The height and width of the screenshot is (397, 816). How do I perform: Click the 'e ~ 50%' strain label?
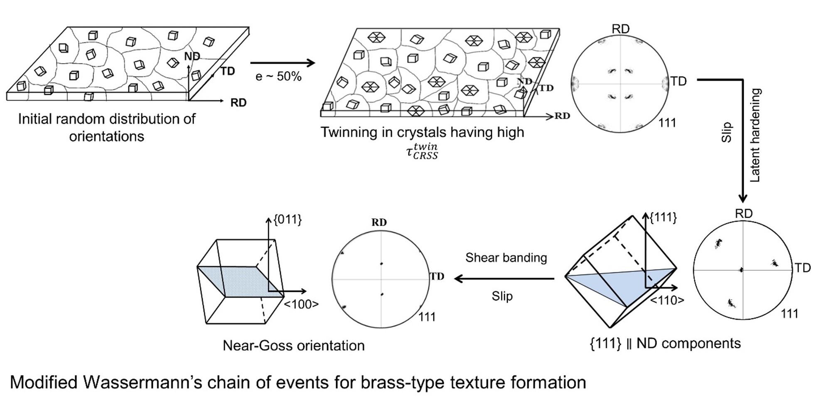coord(278,76)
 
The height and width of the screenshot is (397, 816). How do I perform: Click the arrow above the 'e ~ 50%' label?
coord(283,63)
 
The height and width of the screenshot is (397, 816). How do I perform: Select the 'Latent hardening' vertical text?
coord(755,135)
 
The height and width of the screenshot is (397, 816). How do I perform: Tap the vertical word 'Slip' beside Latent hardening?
coord(726,132)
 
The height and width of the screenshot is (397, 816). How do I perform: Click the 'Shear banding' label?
coord(506,258)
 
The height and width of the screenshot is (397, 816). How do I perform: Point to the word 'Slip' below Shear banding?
coord(502,296)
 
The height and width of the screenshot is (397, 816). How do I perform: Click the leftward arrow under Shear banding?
coord(504,279)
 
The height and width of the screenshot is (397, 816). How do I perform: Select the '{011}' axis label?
coord(288,219)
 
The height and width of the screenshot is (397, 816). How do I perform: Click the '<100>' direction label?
coord(301,305)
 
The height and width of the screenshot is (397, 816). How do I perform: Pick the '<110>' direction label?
coord(667,300)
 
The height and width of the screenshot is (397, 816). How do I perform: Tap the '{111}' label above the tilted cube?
coord(663,217)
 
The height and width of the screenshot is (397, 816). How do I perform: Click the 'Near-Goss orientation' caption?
coord(293,345)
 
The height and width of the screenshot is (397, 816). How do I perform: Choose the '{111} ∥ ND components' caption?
coord(665,343)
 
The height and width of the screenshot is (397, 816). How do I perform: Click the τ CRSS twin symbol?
coord(422,152)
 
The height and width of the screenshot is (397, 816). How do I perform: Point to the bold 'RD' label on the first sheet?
coord(238,103)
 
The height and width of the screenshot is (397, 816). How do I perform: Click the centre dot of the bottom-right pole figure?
coord(741,270)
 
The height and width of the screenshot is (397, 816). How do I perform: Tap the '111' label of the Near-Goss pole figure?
coord(427,317)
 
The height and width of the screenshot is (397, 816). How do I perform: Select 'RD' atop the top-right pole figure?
coord(621,29)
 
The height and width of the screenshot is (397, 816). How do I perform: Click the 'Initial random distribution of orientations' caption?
coord(106,128)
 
